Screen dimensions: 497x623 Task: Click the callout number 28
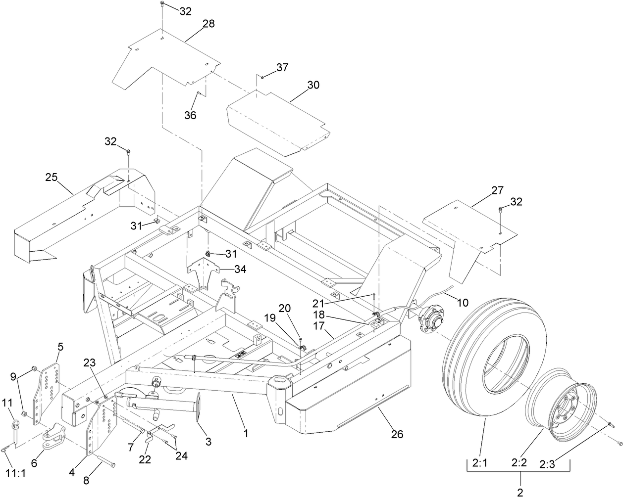208,24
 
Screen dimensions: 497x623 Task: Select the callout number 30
313,85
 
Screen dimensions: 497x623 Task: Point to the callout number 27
497,190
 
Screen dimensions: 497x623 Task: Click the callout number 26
397,434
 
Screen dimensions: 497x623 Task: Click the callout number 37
282,67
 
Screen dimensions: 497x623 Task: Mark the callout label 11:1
15,473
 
